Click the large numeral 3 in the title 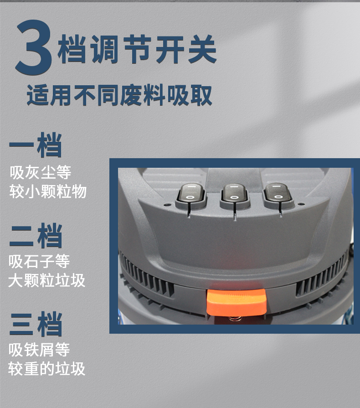[33, 47]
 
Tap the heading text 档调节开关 [137, 49]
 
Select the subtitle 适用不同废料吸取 [119, 95]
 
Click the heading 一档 [36, 145]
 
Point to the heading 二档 [36, 236]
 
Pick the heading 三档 [36, 324]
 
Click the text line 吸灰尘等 [40, 172]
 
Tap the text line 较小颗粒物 [48, 191]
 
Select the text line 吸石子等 [39, 261]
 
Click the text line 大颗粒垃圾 [47, 280]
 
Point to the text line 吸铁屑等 [39, 350]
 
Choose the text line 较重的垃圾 [47, 369]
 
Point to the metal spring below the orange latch [235, 319]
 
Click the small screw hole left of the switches [166, 205]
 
